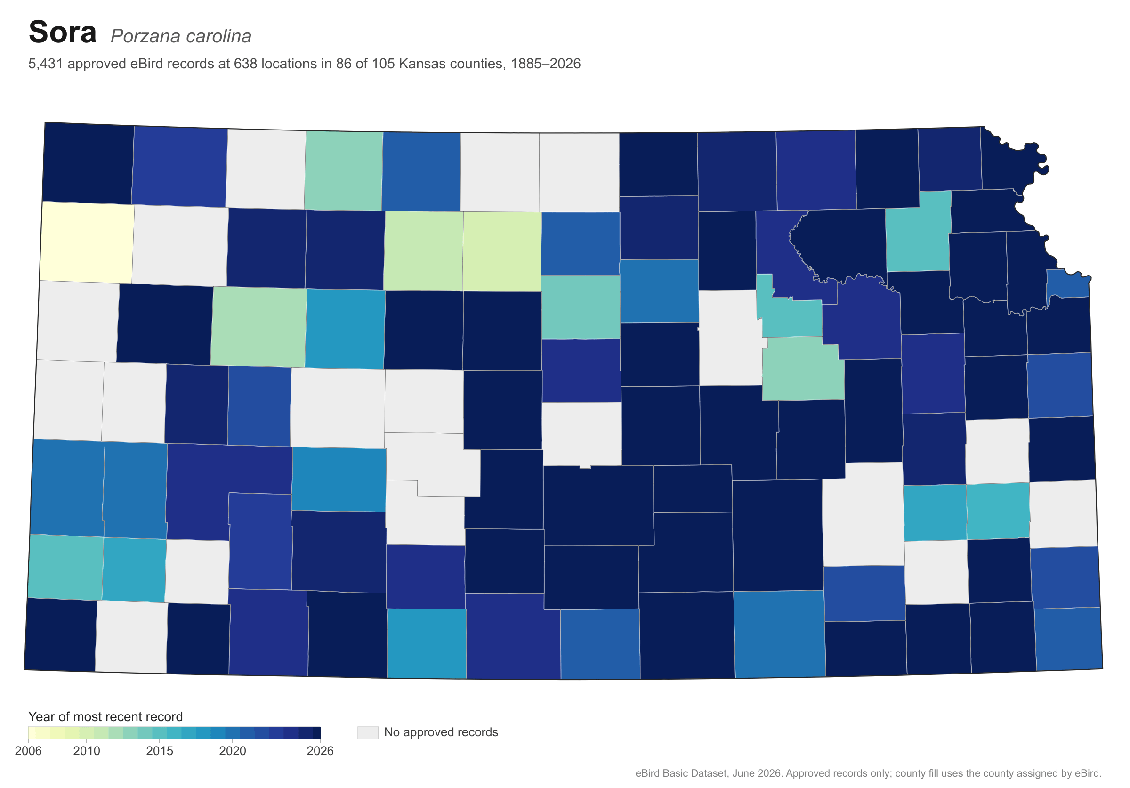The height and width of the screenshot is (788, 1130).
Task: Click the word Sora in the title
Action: click(63, 32)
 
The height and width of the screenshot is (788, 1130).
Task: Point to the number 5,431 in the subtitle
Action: click(46, 64)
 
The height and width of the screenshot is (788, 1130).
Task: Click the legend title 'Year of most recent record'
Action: click(105, 716)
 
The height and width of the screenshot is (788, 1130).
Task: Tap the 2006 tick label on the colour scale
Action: click(29, 751)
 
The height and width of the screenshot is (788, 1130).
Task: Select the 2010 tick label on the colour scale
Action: click(87, 751)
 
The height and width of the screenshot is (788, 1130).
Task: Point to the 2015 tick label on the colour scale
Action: click(160, 751)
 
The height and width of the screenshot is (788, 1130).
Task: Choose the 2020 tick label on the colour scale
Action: click(232, 751)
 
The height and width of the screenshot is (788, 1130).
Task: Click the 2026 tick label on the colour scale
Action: click(320, 751)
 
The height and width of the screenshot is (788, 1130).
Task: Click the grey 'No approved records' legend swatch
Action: click(368, 732)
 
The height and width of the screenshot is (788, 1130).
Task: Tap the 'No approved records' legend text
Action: click(441, 732)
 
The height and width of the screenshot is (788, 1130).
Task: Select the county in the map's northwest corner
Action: click(88, 163)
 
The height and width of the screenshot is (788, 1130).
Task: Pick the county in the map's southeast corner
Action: click(1068, 639)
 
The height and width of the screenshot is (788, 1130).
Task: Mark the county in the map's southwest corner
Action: click(61, 635)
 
